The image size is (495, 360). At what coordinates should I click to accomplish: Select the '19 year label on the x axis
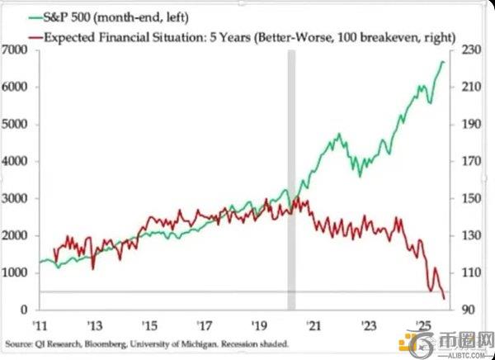pyautogui.click(x=258, y=324)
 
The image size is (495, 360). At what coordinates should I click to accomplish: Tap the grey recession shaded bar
pyautogui.click(x=291, y=182)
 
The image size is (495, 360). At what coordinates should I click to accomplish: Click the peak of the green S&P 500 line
pyautogui.click(x=443, y=61)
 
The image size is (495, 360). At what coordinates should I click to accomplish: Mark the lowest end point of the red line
pyautogui.click(x=445, y=299)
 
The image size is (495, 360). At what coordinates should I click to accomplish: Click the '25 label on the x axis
pyautogui.click(x=422, y=324)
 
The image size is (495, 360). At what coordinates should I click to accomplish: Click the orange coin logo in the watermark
pyautogui.click(x=408, y=345)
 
